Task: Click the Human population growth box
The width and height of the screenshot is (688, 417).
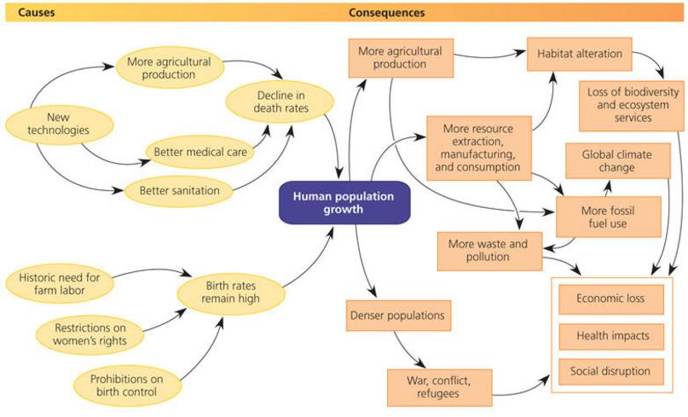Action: click(x=344, y=203)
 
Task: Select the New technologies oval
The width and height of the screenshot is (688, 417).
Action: click(x=59, y=125)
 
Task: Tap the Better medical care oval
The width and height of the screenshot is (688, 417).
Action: click(x=200, y=153)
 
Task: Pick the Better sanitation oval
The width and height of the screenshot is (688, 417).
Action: click(x=179, y=191)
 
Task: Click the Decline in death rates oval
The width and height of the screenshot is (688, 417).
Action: click(x=280, y=102)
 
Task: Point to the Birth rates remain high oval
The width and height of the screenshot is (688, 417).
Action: click(x=231, y=292)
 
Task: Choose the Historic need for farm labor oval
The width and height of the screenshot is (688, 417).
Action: click(x=60, y=284)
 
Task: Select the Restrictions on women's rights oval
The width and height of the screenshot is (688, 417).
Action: click(x=90, y=334)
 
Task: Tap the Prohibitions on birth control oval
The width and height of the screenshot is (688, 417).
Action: click(x=127, y=385)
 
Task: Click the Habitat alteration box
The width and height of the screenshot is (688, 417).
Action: click(x=580, y=54)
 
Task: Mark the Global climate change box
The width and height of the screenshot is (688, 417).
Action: click(x=618, y=161)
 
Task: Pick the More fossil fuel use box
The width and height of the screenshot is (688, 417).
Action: click(x=609, y=217)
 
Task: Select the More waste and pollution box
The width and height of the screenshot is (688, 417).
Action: click(x=489, y=251)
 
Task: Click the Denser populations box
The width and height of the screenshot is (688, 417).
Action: click(x=398, y=316)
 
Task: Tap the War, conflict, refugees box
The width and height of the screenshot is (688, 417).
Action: click(x=440, y=388)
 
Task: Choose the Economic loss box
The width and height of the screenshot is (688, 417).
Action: click(x=611, y=299)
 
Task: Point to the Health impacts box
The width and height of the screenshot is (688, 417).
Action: click(x=611, y=337)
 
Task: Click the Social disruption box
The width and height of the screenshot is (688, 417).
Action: click(x=611, y=372)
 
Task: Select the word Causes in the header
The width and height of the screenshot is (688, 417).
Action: click(x=37, y=12)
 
